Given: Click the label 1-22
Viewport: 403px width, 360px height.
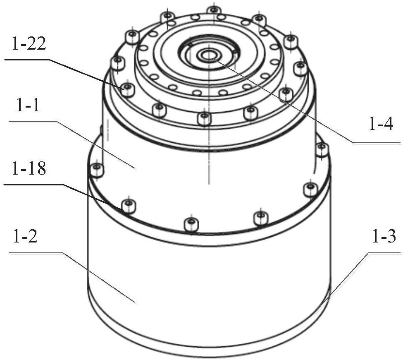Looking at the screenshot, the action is (28, 44).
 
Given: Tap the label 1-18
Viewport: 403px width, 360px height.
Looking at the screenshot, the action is (29, 169).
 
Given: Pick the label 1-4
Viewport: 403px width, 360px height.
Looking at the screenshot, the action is (381, 124).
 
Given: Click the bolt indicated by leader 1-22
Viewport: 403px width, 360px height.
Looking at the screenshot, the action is (127, 90).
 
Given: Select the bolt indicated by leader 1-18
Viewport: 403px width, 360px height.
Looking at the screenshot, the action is (128, 206).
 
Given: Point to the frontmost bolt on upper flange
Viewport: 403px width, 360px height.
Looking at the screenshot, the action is (204, 119).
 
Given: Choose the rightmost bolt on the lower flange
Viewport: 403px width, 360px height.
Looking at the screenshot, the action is (321, 149).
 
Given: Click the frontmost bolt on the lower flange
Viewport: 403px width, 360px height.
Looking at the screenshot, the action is (192, 224).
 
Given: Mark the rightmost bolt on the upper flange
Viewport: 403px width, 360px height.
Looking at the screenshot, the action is (300, 69).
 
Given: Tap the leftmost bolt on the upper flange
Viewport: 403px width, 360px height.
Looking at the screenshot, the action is (118, 64).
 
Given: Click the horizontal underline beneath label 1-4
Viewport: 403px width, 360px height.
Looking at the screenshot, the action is (376, 143).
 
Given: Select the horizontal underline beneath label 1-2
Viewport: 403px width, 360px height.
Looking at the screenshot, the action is (36, 253).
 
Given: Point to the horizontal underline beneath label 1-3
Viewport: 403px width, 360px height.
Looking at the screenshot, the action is (384, 253).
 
